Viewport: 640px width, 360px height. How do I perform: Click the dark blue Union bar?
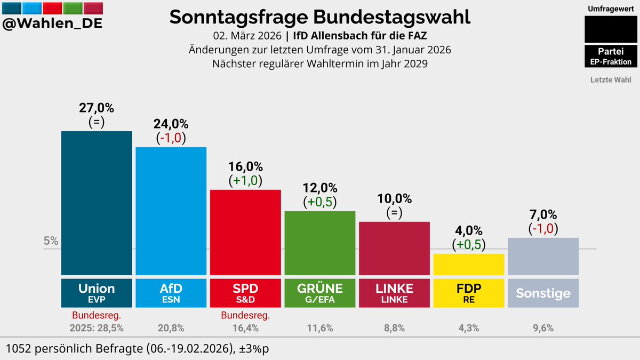[x=97, y=203]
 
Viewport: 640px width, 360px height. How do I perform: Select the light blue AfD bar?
[x=171, y=211]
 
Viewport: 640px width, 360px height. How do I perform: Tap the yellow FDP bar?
[x=469, y=264]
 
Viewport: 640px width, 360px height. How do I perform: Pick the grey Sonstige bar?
[x=543, y=256]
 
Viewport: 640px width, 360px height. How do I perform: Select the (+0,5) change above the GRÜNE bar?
[x=320, y=202]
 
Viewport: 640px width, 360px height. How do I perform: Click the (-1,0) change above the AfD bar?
[x=171, y=138]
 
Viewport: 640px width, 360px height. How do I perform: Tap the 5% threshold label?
[x=51, y=241]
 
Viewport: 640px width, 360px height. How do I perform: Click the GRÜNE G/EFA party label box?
[x=320, y=293]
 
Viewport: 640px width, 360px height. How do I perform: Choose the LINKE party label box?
[x=394, y=293]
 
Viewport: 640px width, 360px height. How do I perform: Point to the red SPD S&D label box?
[x=245, y=293]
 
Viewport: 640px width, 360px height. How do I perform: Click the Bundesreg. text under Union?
[x=97, y=315]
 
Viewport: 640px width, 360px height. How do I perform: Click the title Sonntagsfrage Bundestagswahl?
[x=320, y=17]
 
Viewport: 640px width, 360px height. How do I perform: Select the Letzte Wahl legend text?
[x=611, y=80]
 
